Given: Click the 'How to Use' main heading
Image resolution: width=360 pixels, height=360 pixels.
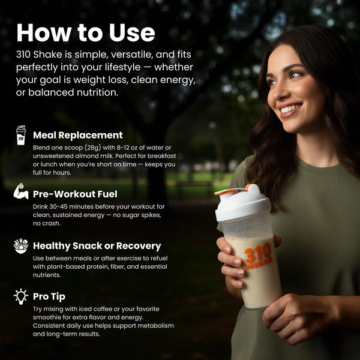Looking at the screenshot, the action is [x=86, y=32].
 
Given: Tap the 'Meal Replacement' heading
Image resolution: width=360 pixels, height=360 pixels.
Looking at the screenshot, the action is [x=78, y=135].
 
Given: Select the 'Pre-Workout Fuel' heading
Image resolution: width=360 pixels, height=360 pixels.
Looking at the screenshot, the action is [x=75, y=194].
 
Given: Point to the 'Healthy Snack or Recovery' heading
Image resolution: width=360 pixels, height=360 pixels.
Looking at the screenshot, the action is [x=97, y=245].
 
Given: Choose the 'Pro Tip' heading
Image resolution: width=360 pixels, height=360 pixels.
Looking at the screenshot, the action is [x=49, y=296].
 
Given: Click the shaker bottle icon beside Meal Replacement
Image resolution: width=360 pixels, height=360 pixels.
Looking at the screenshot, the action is [x=21, y=135].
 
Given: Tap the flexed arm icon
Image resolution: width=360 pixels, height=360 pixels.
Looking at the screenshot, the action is [x=21, y=191].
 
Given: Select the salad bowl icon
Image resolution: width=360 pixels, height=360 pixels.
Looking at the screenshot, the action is [x=21, y=246].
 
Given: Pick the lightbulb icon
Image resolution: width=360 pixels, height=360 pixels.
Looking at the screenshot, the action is [x=21, y=296].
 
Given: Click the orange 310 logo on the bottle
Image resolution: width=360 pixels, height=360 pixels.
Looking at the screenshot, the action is [x=258, y=256].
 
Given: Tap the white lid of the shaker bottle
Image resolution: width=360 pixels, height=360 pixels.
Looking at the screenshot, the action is [x=243, y=205].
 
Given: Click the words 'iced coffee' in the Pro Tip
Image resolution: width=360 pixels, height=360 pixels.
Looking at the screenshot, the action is [x=95, y=309].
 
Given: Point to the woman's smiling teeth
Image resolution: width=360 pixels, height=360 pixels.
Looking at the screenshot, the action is [x=291, y=108].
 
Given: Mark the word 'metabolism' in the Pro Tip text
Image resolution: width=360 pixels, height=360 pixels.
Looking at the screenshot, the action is [x=156, y=326].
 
